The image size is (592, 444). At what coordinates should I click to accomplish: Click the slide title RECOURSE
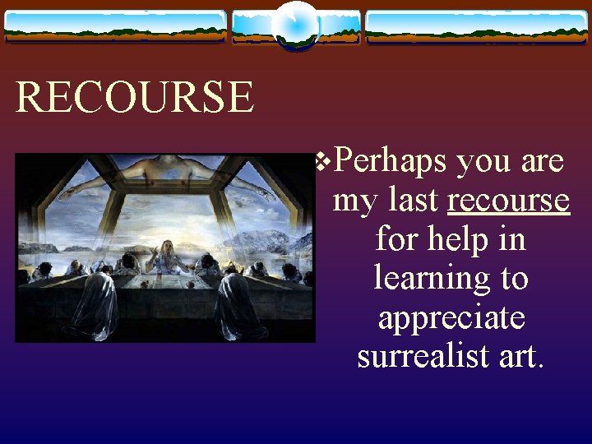tap(135, 97)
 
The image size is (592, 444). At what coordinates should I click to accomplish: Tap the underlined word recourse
tap(508, 199)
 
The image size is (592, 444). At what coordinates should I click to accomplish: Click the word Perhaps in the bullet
tap(391, 161)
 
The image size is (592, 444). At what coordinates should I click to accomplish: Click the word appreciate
tap(451, 317)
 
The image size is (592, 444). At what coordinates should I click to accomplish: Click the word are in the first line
tap(542, 161)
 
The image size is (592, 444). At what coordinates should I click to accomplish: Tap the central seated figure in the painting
tap(168, 257)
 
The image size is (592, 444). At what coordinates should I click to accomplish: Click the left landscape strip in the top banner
tap(115, 26)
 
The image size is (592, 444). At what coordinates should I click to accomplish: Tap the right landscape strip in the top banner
tap(477, 26)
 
